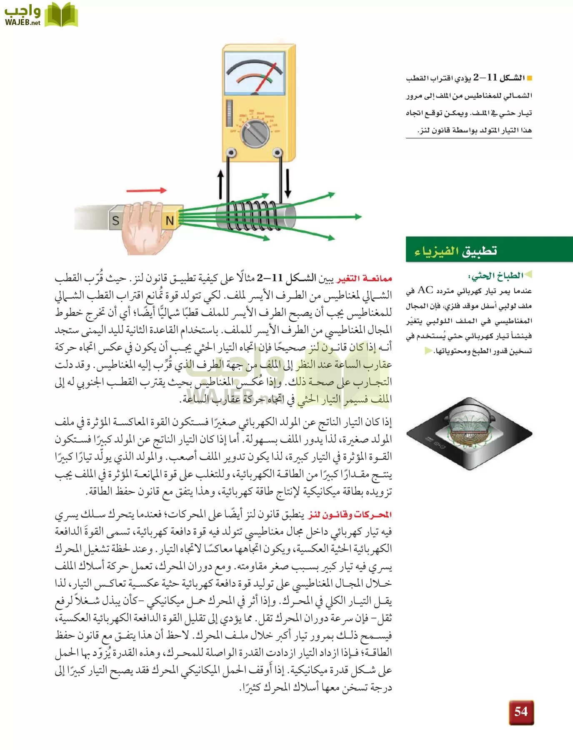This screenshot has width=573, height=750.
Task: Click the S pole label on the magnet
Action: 115,220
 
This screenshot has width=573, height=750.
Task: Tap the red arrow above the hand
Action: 146,190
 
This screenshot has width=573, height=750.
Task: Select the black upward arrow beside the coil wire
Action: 221,183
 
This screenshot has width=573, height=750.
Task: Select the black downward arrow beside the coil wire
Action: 288,183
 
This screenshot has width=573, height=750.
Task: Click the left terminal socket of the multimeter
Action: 230,154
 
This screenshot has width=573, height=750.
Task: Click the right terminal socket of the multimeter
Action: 277,154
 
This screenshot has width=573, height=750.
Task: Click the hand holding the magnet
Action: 144,227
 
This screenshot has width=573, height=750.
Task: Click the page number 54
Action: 521,712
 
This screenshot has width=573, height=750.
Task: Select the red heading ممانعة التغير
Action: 364,278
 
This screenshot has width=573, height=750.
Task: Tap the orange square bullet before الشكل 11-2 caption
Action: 529,78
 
